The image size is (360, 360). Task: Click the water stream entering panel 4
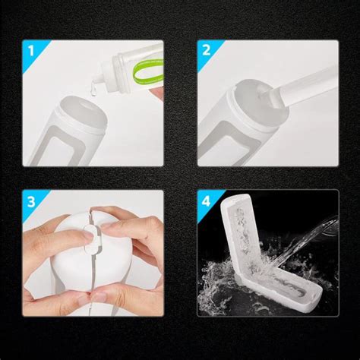coord(323,229)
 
